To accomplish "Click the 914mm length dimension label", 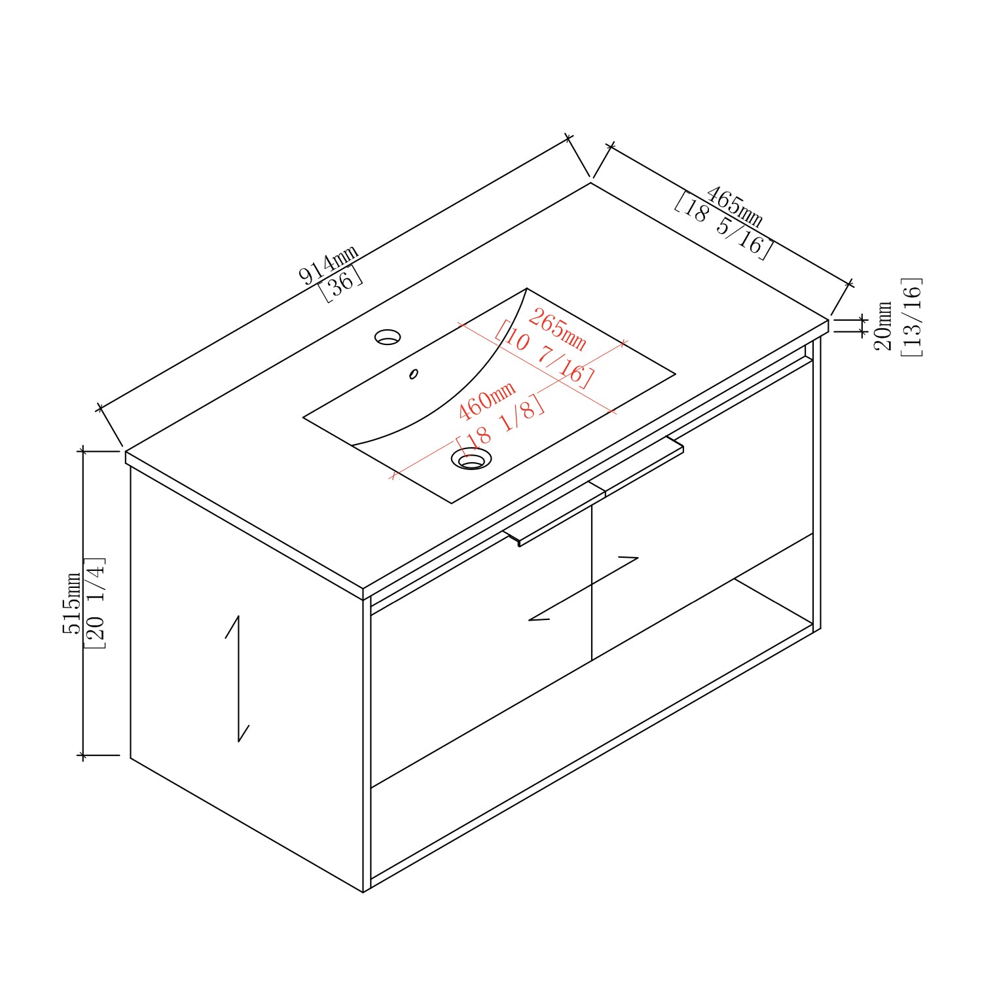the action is coord(329,264).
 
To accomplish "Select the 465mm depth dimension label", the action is coord(734,205).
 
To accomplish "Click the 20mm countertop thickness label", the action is coord(883,325).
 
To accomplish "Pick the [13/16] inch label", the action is coord(911,317).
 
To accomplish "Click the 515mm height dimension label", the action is coord(71,603).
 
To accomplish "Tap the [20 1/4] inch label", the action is coord(95,603).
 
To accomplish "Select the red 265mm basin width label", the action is coord(556,330).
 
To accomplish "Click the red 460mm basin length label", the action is coord(486,401).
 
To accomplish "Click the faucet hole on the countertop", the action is coord(388,337).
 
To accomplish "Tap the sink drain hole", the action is coord(471,459).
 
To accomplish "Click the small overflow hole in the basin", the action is coord(414,374).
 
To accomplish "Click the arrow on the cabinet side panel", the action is coord(238,679).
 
